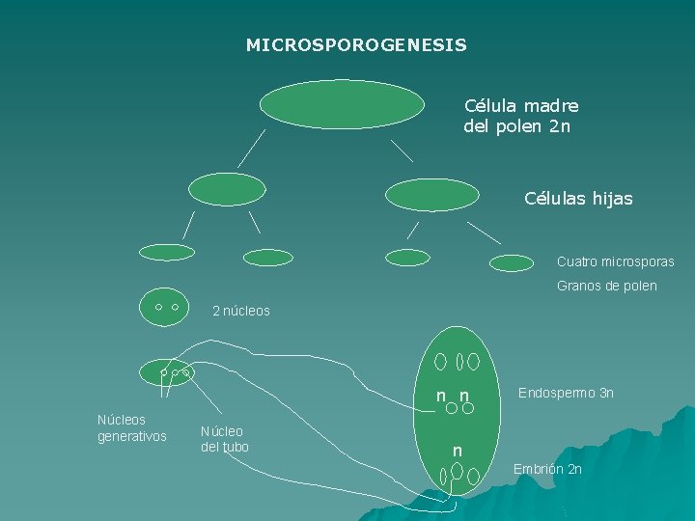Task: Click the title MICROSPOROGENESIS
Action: click(x=356, y=45)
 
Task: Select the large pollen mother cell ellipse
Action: click(x=342, y=104)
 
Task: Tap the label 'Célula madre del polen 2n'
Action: click(x=520, y=116)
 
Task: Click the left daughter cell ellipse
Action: click(x=227, y=189)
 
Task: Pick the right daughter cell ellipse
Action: click(x=431, y=194)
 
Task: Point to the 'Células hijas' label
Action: click(x=578, y=199)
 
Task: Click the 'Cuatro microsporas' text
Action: click(x=615, y=261)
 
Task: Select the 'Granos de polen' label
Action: click(x=606, y=286)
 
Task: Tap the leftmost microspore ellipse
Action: click(x=167, y=252)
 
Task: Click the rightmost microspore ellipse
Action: click(x=512, y=262)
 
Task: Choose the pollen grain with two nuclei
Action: click(x=166, y=306)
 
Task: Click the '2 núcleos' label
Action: click(x=241, y=311)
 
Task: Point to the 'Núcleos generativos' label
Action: click(x=132, y=428)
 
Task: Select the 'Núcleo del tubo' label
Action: click(x=224, y=438)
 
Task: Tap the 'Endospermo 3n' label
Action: click(x=565, y=393)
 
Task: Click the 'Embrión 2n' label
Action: click(x=547, y=469)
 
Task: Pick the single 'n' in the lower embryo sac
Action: click(x=458, y=452)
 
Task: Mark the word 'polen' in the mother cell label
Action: click(x=518, y=126)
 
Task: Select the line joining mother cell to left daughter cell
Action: click(x=252, y=148)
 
